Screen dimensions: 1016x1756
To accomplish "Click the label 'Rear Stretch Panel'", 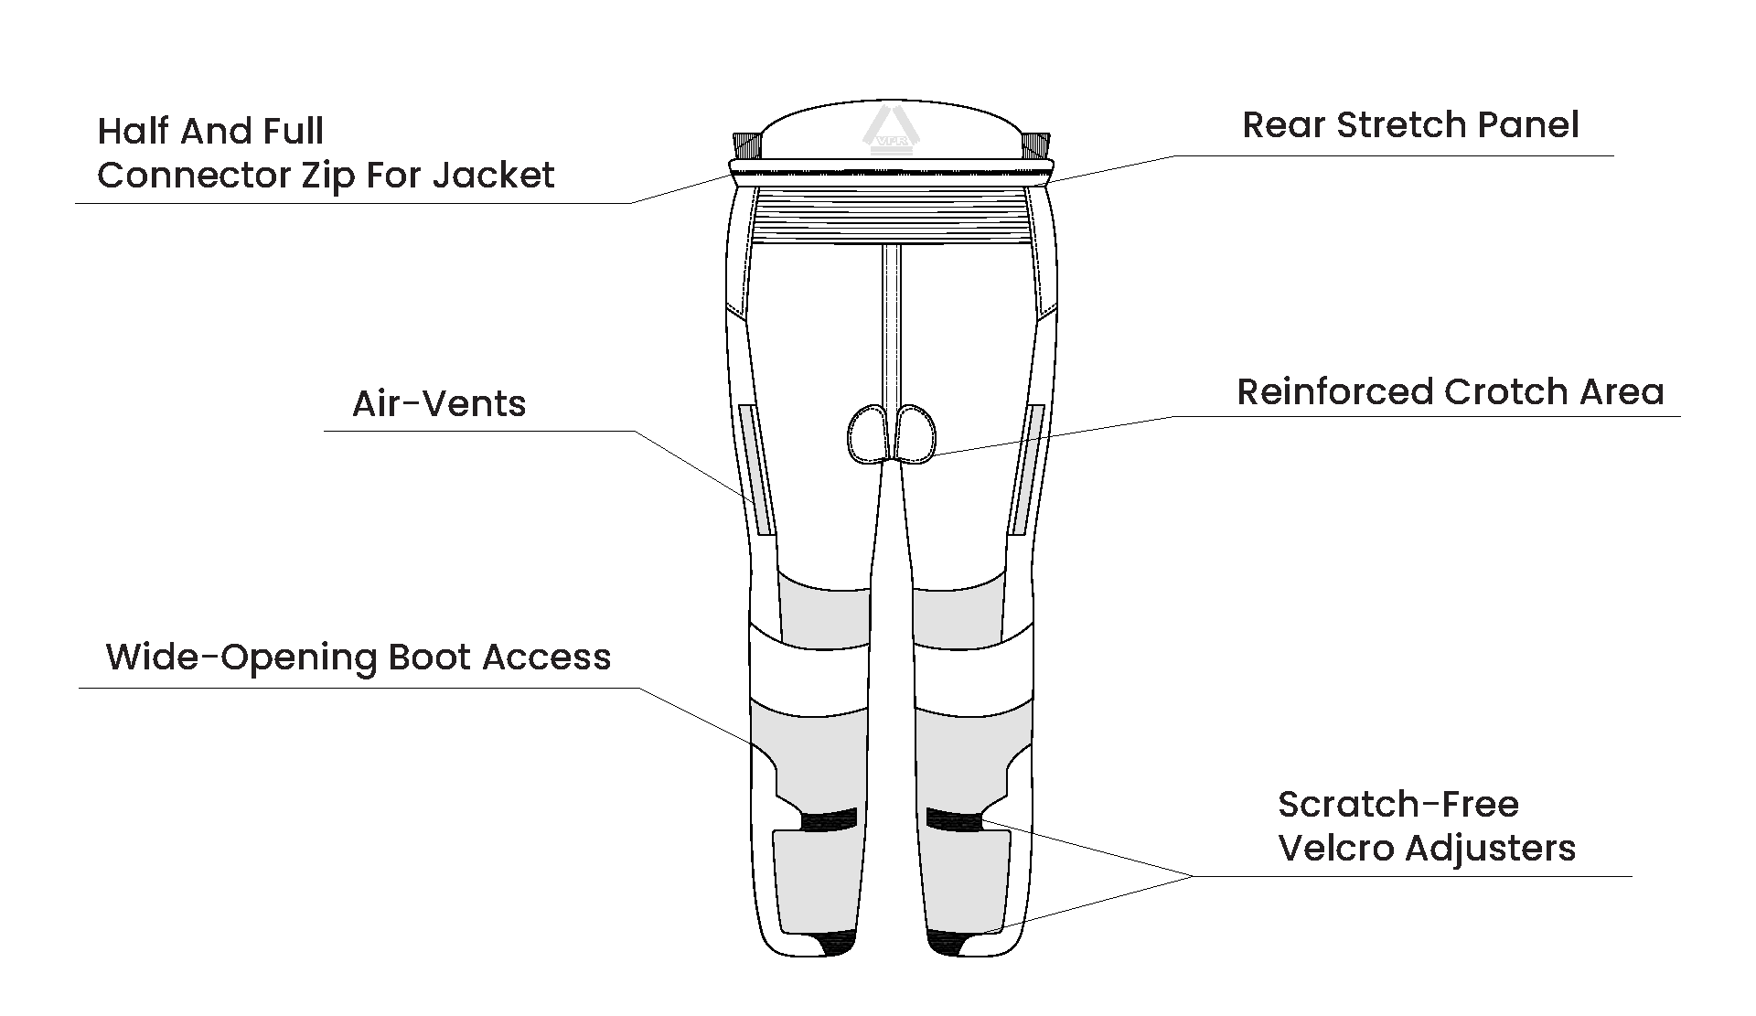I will pos(1409,126).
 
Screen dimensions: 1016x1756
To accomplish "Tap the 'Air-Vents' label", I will pos(439,403).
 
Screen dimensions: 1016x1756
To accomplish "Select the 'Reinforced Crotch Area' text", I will pos(1450,391).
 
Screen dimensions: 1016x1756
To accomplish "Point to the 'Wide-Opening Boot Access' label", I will pos(359,658).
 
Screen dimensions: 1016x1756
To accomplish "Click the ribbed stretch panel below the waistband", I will pos(892,216).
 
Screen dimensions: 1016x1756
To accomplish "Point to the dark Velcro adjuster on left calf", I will pos(829,820).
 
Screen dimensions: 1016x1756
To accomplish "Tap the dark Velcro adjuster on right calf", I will pos(954,819).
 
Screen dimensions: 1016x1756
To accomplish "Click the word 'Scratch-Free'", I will pos(1397,805).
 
